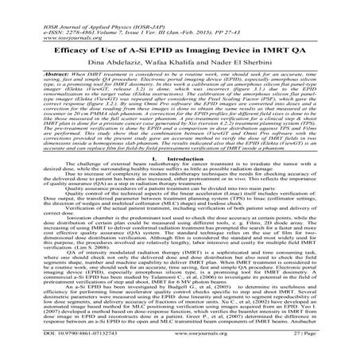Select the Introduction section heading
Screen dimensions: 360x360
(x=180, y=159)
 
